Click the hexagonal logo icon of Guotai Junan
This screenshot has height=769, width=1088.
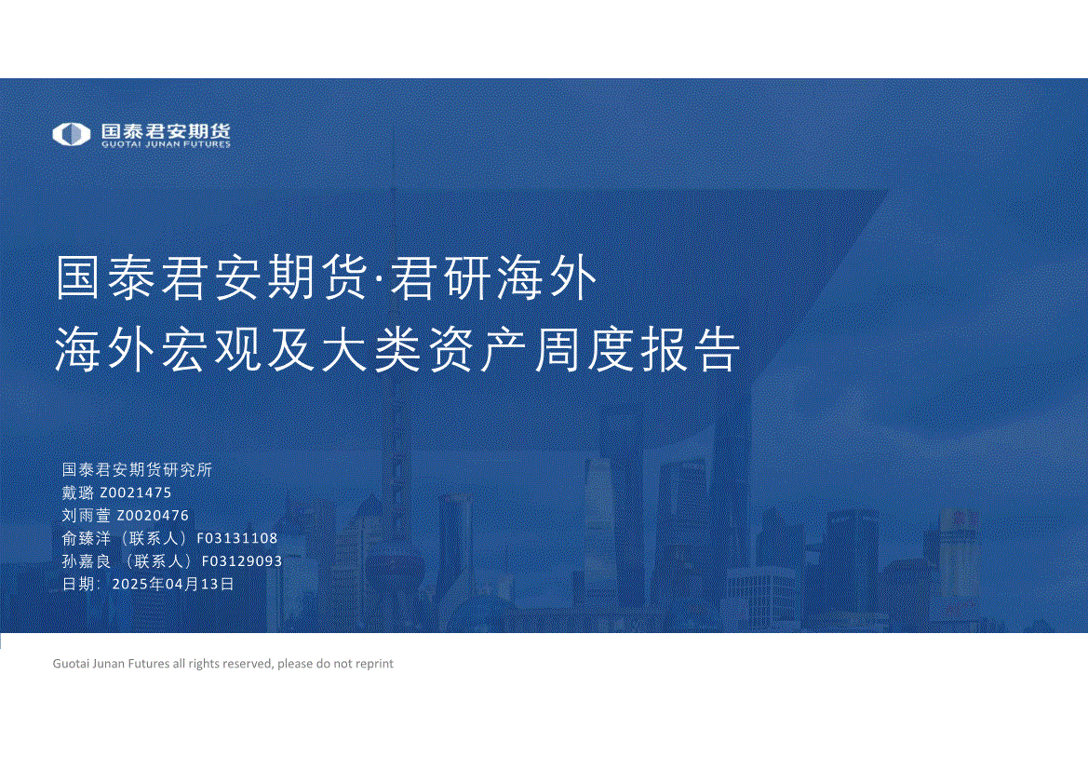[x=72, y=134]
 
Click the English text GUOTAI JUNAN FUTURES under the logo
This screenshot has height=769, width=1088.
[x=166, y=144]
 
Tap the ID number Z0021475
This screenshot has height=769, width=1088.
[x=135, y=492]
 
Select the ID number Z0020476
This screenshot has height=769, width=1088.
[x=153, y=516]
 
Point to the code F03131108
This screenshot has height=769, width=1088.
[x=237, y=538]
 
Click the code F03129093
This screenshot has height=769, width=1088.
[x=241, y=561]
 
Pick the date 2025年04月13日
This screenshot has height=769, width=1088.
[x=173, y=585]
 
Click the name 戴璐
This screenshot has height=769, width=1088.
[x=78, y=492]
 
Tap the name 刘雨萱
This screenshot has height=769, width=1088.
[x=86, y=516]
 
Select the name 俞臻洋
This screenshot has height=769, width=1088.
[x=86, y=538]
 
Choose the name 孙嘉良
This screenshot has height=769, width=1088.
[x=86, y=561]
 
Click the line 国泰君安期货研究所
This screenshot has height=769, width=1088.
[x=137, y=470]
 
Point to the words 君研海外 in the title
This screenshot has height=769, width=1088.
[x=493, y=277]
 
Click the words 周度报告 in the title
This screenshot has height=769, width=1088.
[x=637, y=349]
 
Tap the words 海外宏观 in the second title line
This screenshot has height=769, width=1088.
[x=158, y=349]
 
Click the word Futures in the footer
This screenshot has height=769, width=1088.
[x=149, y=664]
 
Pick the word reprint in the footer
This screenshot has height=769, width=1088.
[x=374, y=664]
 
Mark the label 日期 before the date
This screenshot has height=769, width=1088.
[x=78, y=585]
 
